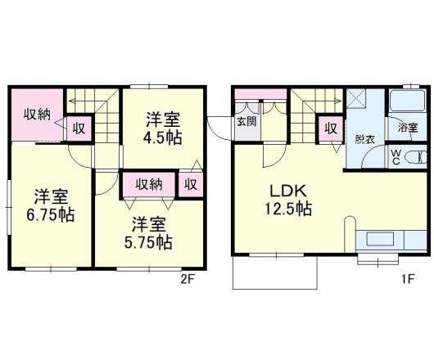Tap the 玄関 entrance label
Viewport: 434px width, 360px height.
tap(246, 121)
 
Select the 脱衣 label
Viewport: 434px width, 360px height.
tap(365, 139)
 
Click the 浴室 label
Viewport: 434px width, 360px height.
tap(407, 128)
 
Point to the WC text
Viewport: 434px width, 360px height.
tap(396, 157)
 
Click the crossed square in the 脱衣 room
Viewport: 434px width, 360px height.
tap(356, 98)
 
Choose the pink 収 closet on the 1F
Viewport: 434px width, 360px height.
tap(331, 128)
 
